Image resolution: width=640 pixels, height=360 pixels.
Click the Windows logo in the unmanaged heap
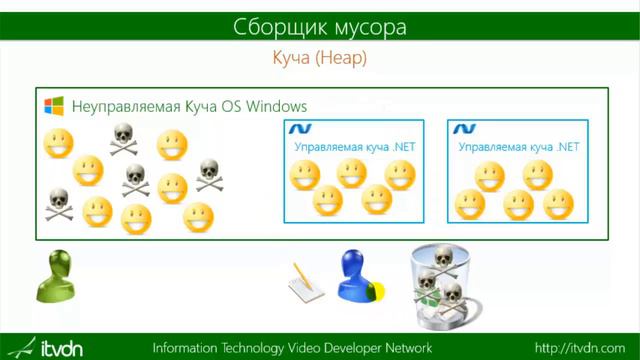click(x=54, y=106)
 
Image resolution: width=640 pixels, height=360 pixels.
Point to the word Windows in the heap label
click(x=272, y=106)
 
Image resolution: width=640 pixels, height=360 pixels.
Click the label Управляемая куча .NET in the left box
click(x=354, y=147)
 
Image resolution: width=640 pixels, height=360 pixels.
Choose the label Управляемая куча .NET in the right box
click(x=518, y=147)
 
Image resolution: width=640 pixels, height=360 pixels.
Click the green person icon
click(x=58, y=276)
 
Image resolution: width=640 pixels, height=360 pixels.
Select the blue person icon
click(x=358, y=275)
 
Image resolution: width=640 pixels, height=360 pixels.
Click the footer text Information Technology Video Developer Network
click(x=292, y=348)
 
